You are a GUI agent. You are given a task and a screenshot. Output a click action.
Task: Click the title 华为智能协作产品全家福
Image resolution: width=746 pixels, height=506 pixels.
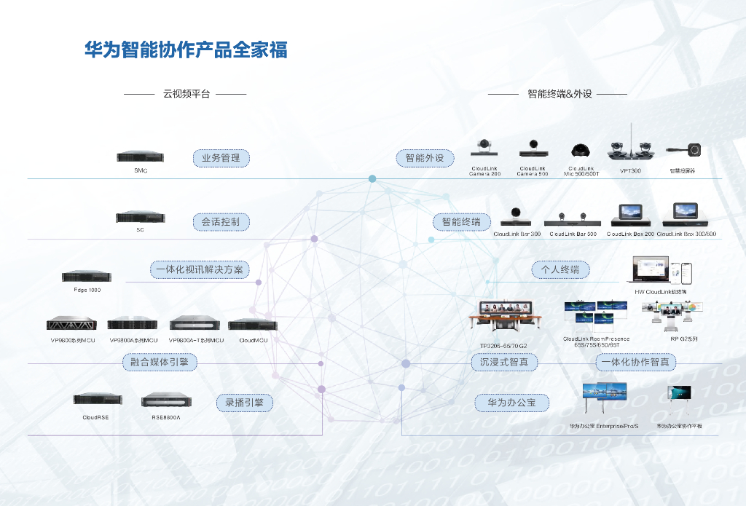coord(186,50)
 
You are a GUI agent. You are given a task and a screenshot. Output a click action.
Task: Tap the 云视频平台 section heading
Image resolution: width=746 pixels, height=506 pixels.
coord(186,94)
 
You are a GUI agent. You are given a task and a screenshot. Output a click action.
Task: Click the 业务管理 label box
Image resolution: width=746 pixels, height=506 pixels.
coord(221,158)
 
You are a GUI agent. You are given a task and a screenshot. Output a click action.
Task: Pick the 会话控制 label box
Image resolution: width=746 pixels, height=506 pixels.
coord(221,221)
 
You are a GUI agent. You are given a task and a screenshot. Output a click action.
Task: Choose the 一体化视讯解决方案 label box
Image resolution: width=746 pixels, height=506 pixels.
coord(200,269)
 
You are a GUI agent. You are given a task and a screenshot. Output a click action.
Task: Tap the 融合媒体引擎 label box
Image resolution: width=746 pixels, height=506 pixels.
coord(160,362)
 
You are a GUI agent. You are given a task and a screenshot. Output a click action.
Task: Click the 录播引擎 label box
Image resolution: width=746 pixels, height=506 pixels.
coord(244,403)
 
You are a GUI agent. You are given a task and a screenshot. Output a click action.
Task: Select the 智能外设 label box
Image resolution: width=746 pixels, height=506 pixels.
coord(425,158)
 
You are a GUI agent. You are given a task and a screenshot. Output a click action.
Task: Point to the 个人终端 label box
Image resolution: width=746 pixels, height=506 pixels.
coord(560,269)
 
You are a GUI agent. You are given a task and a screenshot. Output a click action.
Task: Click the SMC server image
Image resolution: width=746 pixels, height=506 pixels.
coord(141,157)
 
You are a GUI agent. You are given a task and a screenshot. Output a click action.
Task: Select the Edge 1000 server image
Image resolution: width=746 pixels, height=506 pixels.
coord(87,277)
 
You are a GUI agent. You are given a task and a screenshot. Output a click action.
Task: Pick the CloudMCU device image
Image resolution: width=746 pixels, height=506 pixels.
coord(253,325)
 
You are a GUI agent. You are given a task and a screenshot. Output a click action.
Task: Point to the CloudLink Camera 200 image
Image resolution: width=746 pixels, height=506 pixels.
coord(484,148)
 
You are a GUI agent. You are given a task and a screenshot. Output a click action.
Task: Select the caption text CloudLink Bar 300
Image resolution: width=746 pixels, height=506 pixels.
coord(517,234)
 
